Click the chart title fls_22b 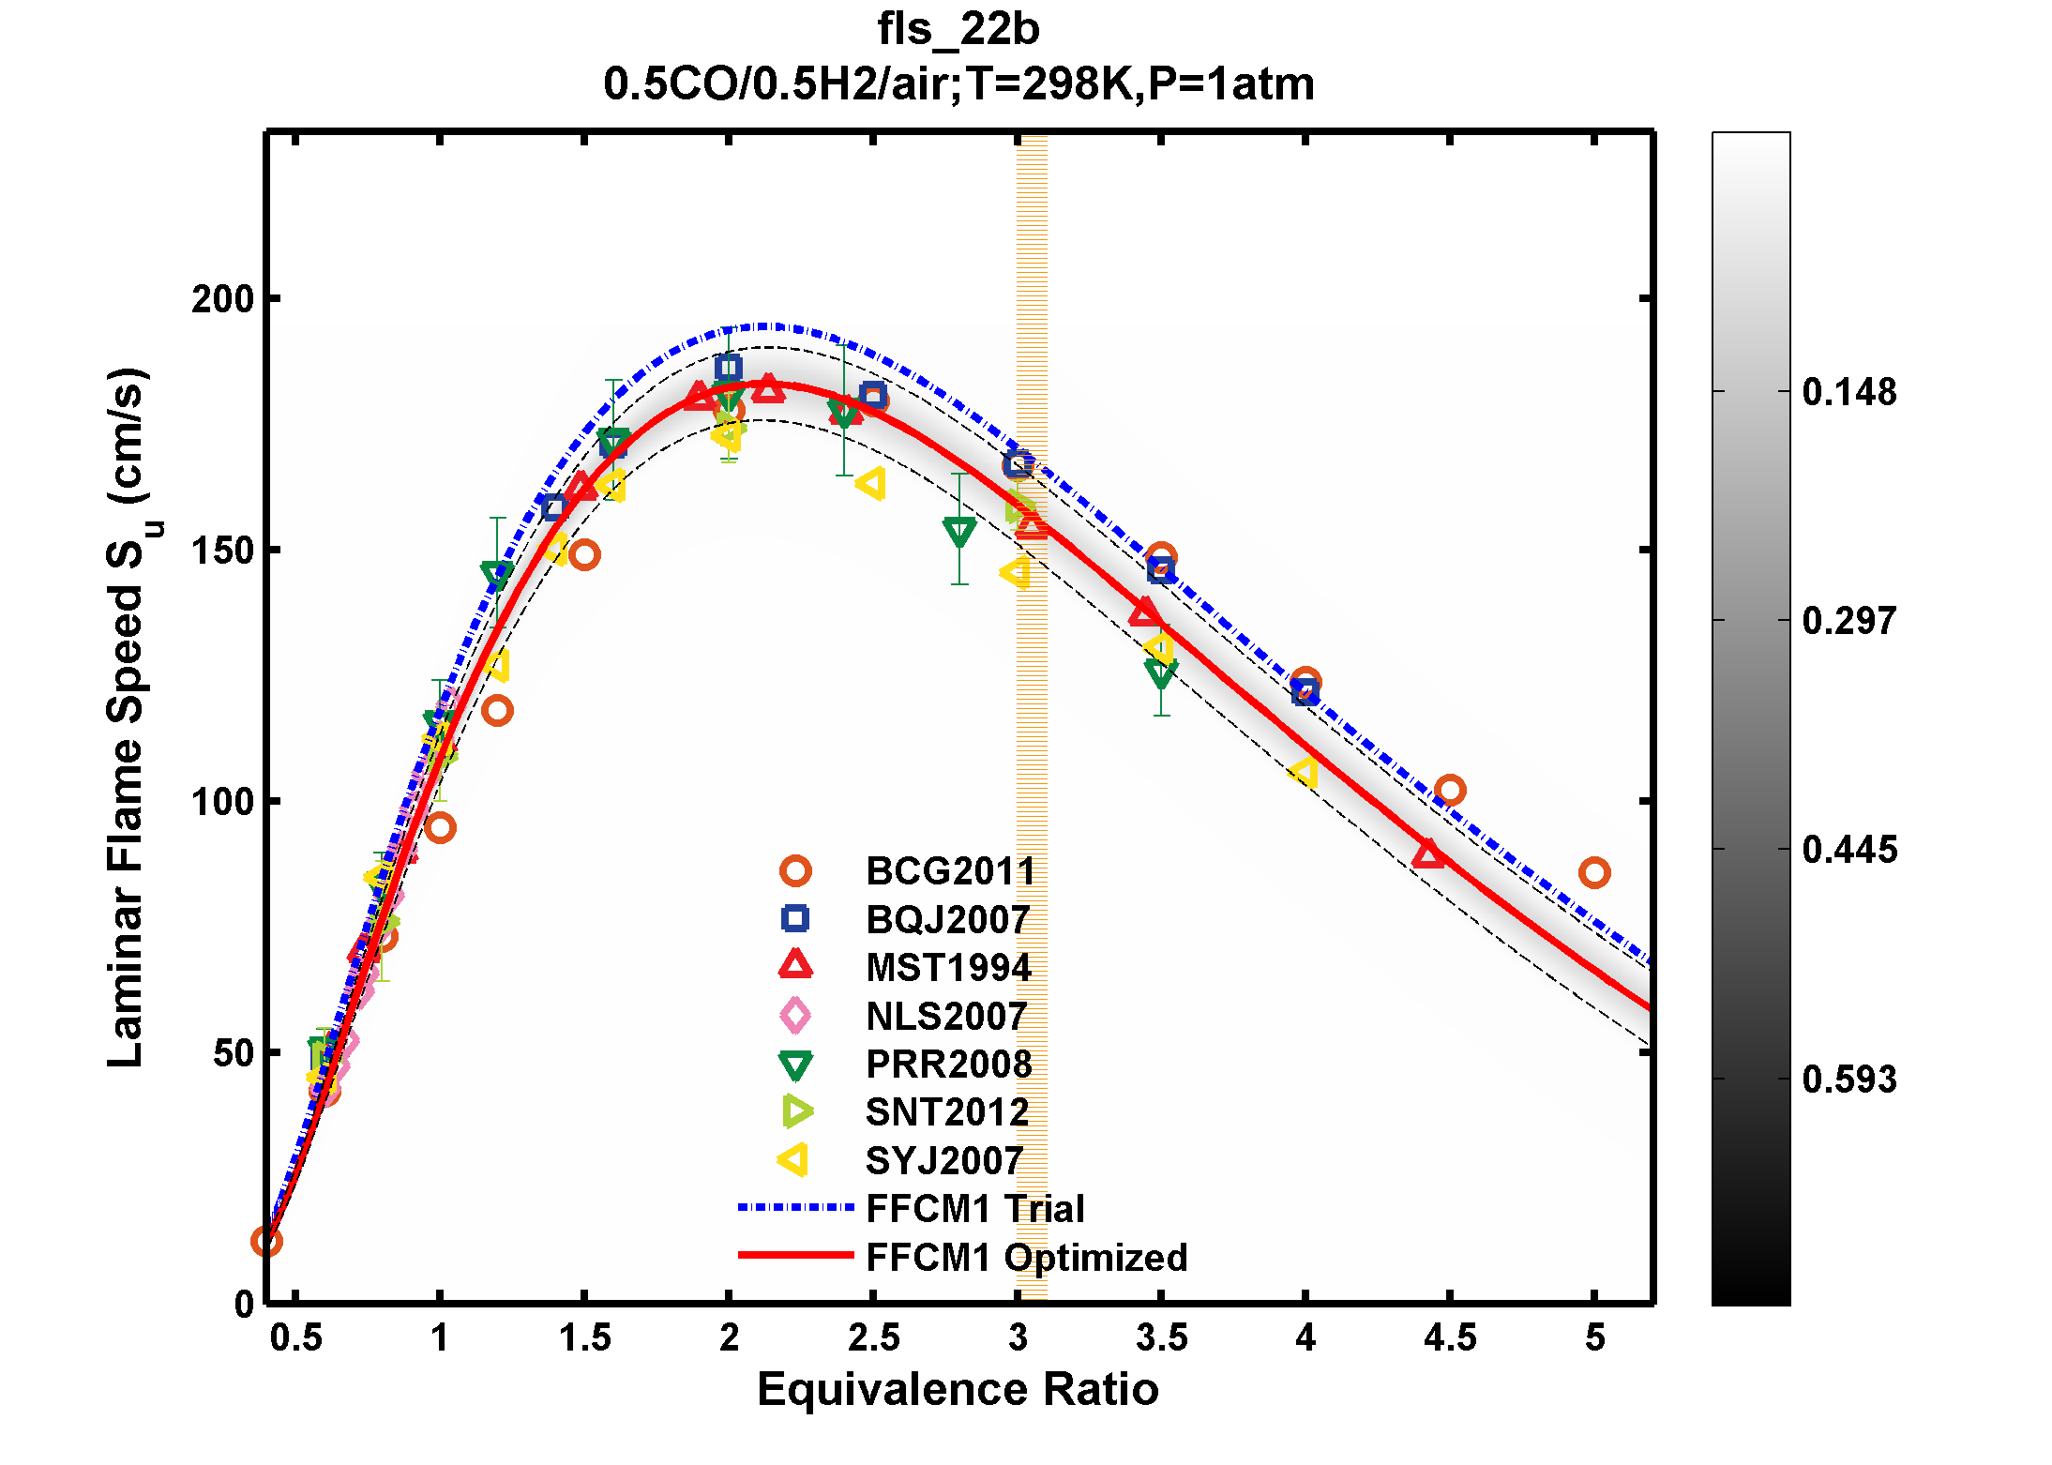[958, 29]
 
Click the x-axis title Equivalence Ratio [958, 1389]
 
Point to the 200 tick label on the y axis [222, 299]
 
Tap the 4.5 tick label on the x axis [1449, 1337]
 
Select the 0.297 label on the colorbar [1848, 621]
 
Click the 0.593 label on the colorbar [1848, 1080]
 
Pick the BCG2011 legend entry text [950, 871]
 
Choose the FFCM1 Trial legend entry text [974, 1209]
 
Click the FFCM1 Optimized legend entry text [1026, 1258]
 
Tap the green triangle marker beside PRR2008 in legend [795, 1065]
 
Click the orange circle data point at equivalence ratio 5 [1593, 873]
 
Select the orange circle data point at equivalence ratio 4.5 [1449, 791]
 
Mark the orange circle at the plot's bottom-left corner [266, 1242]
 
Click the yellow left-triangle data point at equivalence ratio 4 [1304, 772]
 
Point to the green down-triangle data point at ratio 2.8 [959, 532]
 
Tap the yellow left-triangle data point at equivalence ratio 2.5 [870, 484]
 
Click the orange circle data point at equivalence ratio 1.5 [584, 555]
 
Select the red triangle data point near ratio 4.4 [1427, 853]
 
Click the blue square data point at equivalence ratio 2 [728, 368]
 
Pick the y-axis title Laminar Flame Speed [126, 717]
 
